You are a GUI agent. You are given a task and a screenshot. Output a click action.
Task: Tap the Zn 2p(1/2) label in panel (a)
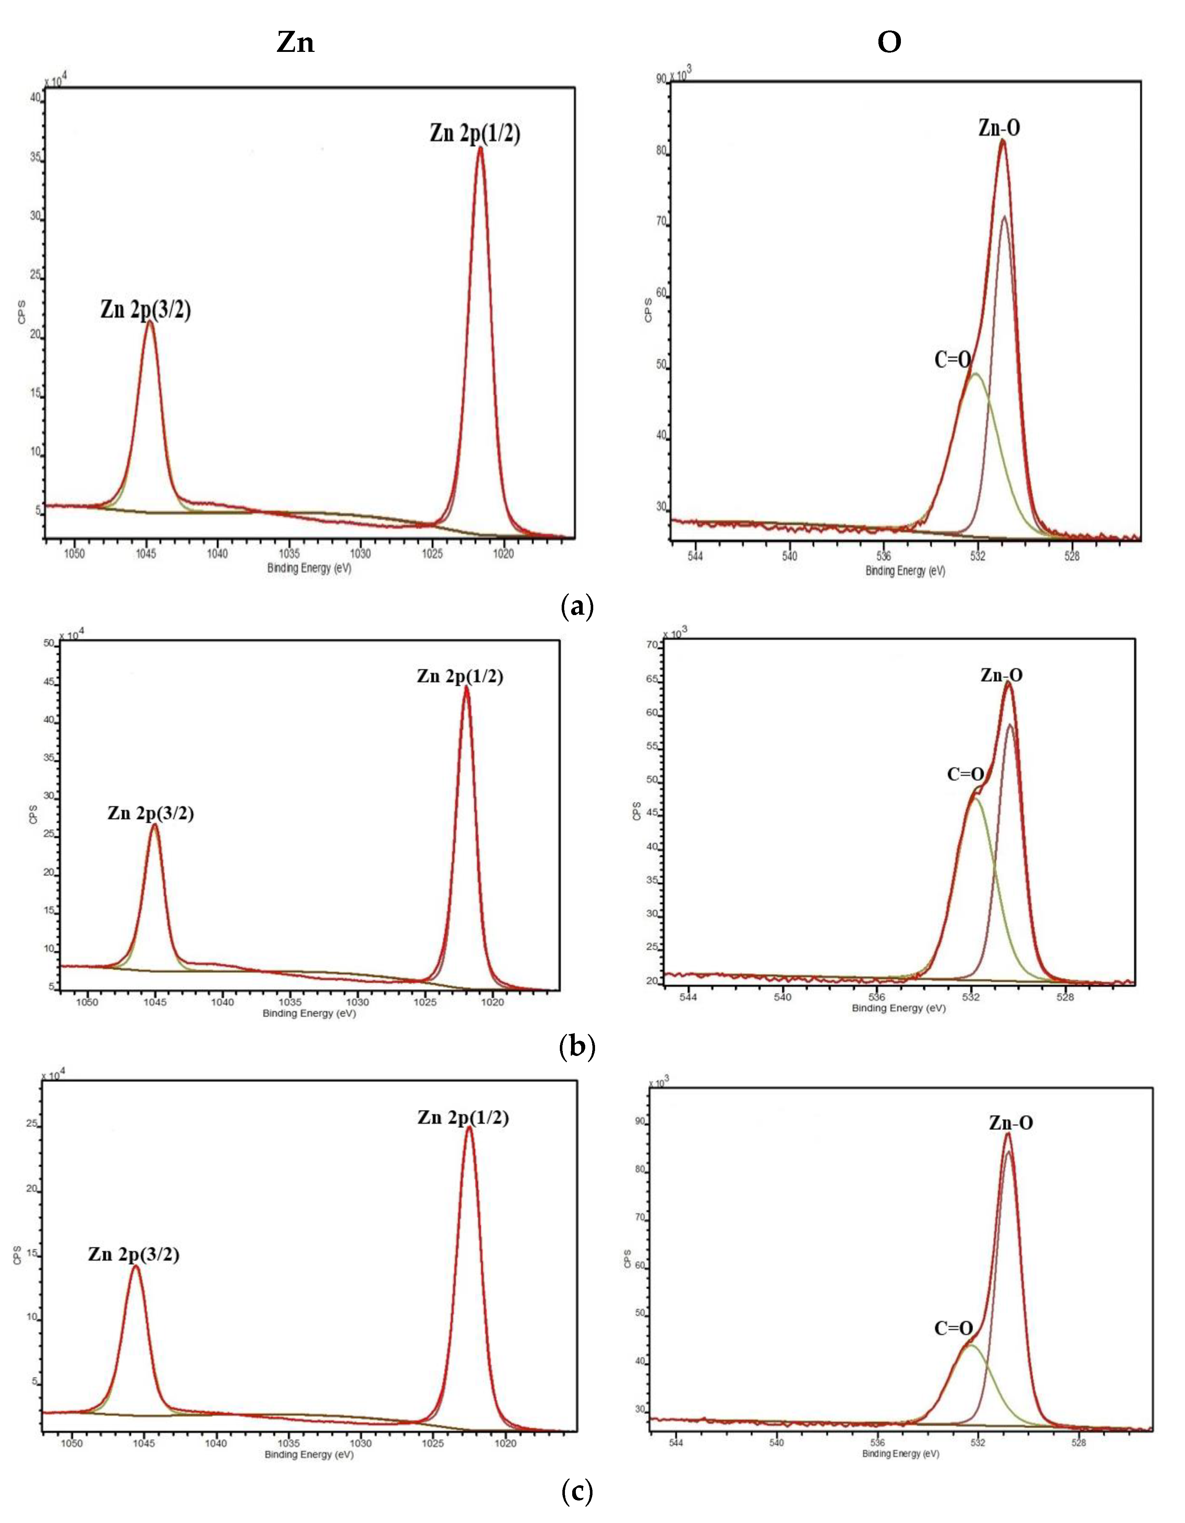475,132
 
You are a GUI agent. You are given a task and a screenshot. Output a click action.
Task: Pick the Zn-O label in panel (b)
1002,675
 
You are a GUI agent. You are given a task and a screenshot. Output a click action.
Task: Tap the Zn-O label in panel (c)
1011,1123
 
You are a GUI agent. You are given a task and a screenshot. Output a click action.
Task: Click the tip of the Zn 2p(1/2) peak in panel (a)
480,148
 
